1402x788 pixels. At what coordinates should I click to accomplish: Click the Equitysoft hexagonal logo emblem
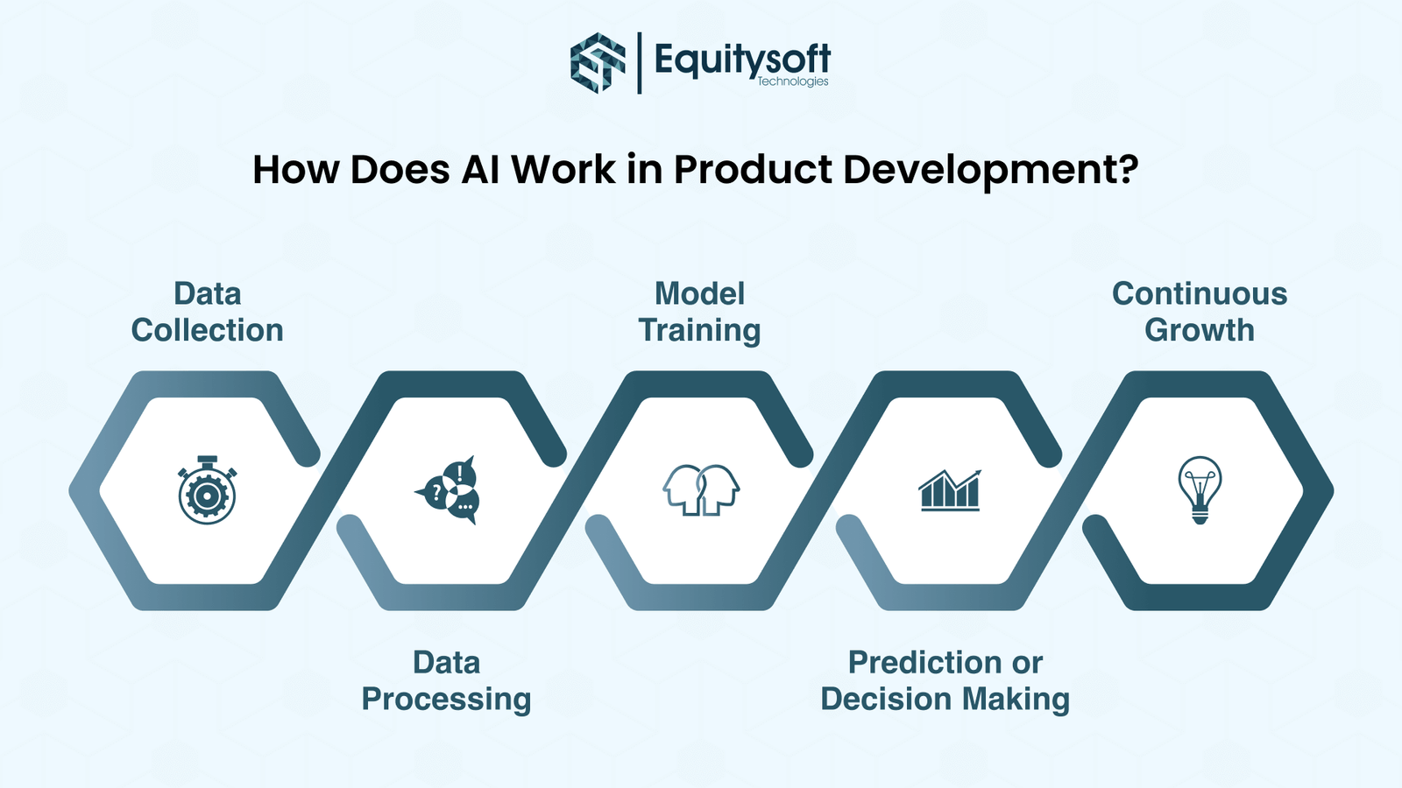598,63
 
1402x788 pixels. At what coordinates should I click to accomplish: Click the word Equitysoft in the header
742,60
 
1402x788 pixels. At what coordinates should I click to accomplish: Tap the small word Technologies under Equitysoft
793,82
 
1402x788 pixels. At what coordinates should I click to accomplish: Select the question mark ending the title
1127,168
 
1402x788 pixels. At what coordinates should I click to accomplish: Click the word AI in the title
481,169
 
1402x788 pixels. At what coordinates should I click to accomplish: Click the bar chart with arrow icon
950,490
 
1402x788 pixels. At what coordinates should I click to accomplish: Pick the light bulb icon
1200,489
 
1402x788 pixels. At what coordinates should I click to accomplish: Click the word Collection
207,330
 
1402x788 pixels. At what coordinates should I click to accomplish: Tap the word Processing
446,700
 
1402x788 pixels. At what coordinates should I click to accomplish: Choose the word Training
700,331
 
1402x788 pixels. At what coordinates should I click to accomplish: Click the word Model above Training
700,294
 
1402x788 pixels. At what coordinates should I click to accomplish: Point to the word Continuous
1200,294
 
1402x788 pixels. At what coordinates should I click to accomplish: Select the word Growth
1200,330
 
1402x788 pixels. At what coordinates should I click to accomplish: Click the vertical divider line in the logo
639,63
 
